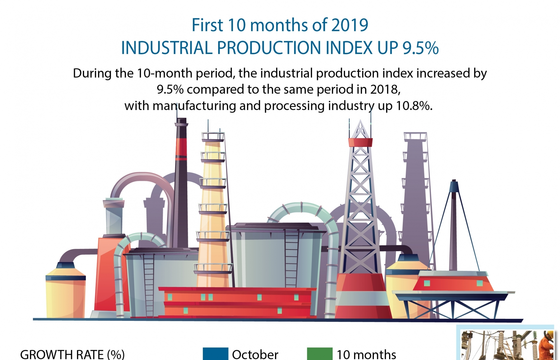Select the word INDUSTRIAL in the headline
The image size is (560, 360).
167,48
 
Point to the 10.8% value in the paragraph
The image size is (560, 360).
414,106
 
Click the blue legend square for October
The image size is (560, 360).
215,354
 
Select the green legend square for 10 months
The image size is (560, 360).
320,354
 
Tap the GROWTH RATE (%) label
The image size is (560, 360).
72,354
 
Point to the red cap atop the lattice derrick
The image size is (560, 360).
360,142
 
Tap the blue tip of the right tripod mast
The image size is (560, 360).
454,186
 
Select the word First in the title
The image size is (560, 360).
207,25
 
